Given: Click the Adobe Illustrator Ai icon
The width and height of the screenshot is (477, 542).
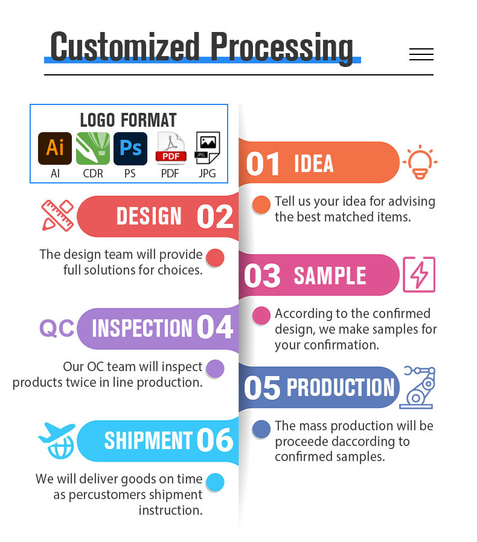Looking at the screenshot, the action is pos(55,148).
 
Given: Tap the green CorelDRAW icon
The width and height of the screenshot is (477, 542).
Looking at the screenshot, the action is pos(93,148).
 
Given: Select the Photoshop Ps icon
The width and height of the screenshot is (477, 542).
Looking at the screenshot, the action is pos(130,148).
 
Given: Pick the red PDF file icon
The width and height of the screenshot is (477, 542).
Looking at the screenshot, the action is pos(171,148).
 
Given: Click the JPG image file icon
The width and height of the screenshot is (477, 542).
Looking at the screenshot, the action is pos(208,148).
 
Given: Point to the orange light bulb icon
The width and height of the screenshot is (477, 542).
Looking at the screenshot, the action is pos(420,162).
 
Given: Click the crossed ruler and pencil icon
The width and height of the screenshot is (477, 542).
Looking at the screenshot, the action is pos(57,215).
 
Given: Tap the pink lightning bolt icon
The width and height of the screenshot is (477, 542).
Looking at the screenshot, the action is pos(419,275).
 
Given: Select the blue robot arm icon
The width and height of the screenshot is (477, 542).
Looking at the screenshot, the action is pos(417,387).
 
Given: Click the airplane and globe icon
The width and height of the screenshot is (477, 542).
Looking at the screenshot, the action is pos(57,441).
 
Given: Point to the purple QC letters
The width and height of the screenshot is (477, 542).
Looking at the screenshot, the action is pos(57,328).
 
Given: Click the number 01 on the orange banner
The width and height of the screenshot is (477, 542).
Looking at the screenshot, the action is pos(263,164).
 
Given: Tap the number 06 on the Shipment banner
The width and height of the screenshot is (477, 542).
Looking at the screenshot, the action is pos(215,439).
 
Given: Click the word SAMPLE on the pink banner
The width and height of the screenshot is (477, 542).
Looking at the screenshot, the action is pos(330,275).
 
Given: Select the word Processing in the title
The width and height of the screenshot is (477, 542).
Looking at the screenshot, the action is pos(282,47).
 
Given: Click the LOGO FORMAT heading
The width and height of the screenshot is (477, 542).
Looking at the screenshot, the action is pos(129,120).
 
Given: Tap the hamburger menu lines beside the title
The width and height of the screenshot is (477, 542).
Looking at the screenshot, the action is pos(421,54).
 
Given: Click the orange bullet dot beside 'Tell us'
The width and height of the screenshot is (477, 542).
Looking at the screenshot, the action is pos(261,205).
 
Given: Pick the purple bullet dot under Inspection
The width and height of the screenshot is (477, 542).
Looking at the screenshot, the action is pos(215,369).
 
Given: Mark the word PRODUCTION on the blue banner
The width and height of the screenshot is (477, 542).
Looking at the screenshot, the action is pos(341,387).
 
